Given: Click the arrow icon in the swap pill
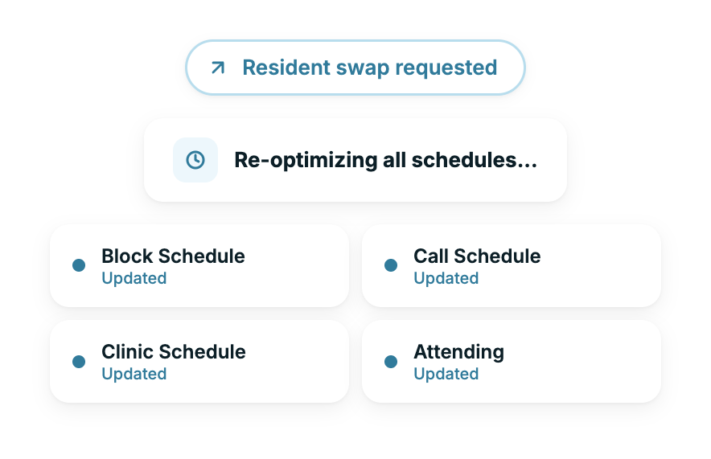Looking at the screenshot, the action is pos(218,68).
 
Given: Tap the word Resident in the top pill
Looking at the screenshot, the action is pos(286,68).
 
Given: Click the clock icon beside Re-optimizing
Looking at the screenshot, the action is pos(195,160).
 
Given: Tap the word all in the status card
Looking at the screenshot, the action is pos(394,160).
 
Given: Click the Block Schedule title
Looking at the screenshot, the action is pos(173,256).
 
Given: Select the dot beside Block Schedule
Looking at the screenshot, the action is pos(79,265).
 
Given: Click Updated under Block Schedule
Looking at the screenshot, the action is pos(134,279).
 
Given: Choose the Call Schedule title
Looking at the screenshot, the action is pos(477,256).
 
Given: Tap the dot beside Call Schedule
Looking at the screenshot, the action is pos(391,265).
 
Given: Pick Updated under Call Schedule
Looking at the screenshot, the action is pos(446,279).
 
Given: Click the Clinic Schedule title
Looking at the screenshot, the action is pos(174,351).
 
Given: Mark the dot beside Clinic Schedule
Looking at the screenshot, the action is pos(79,362).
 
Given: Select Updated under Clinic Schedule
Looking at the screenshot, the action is pos(134,375).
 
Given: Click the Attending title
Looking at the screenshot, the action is pos(459,353).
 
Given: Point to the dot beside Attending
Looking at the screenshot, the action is pos(391,362).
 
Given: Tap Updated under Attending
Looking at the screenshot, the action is pos(446,375).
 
